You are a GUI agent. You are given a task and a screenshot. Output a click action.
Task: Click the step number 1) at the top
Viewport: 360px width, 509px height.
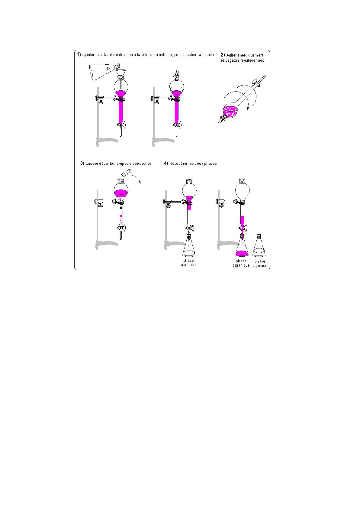(79, 54)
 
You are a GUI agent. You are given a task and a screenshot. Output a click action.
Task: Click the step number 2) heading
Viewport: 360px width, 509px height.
(223, 55)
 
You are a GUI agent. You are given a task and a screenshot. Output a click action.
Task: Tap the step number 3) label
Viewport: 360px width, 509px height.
(82, 164)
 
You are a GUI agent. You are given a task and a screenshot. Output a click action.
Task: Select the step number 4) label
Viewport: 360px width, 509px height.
(166, 164)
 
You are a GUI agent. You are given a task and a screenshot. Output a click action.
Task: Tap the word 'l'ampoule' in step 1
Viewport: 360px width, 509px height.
(206, 55)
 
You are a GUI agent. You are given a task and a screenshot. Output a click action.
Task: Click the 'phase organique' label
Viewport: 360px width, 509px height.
(241, 263)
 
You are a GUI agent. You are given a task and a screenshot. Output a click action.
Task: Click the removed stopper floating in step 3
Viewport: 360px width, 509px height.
(127, 173)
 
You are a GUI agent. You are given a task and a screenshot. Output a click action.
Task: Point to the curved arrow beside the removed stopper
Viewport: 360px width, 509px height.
(137, 178)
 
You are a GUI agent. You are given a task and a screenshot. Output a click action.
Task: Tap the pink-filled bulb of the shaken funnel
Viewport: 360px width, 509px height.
(231, 112)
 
